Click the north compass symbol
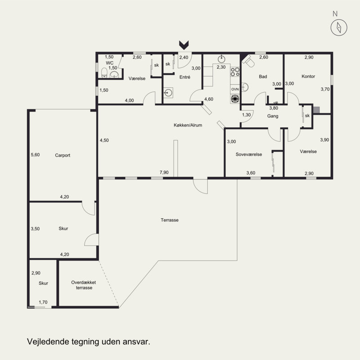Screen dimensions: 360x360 (x=339, y=27)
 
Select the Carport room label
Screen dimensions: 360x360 (x=63, y=155)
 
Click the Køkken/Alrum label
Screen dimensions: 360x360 (x=188, y=125)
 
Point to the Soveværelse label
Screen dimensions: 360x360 (x=249, y=154)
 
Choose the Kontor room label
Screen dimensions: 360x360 (x=308, y=76)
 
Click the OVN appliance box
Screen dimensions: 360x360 (x=235, y=89)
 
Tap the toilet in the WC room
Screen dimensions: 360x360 (x=104, y=73)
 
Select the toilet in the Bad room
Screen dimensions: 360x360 (x=249, y=61)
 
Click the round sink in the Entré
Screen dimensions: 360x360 (x=168, y=93)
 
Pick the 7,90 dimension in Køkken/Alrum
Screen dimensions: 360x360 (x=164, y=172)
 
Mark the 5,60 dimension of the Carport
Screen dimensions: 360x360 (x=35, y=155)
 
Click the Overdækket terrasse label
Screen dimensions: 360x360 (x=84, y=285)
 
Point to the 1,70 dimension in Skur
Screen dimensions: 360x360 (x=43, y=302)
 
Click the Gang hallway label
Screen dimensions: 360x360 (x=273, y=116)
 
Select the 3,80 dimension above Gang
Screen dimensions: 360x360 (x=274, y=108)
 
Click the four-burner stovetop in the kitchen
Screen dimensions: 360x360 (x=235, y=72)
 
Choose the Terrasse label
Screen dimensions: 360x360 (x=170, y=220)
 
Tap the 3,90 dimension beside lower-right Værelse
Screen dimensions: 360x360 (x=324, y=139)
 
